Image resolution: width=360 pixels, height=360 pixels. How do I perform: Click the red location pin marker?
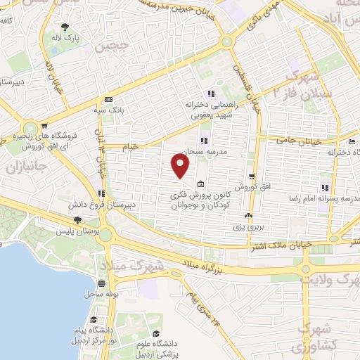pyautogui.click(x=181, y=166)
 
